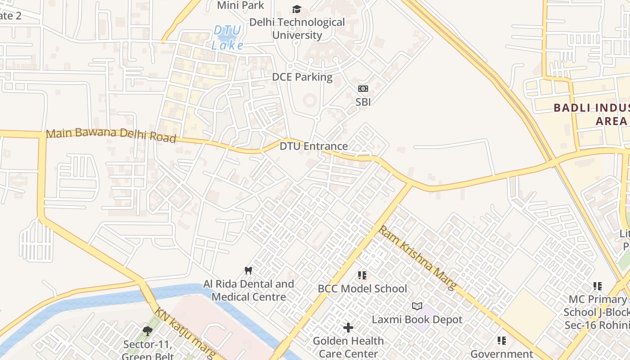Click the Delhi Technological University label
tap(297, 28)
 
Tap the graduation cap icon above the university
tap(297, 9)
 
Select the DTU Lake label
tap(228, 38)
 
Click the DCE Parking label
tap(302, 77)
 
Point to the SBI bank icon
tap(363, 89)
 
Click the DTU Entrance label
tap(314, 146)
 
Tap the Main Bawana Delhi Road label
tap(111, 135)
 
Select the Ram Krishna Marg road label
tap(417, 257)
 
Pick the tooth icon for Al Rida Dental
tap(247, 270)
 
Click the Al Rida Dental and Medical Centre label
tap(249, 290)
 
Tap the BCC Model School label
tap(362, 288)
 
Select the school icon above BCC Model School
tap(362, 275)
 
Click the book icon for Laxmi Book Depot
tap(417, 306)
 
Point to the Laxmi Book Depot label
tap(417, 319)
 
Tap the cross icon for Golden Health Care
tap(348, 328)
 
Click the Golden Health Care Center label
tap(348, 347)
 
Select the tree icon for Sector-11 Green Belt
tap(147, 331)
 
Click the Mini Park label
tap(240, 5)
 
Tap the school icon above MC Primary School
tap(598, 286)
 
